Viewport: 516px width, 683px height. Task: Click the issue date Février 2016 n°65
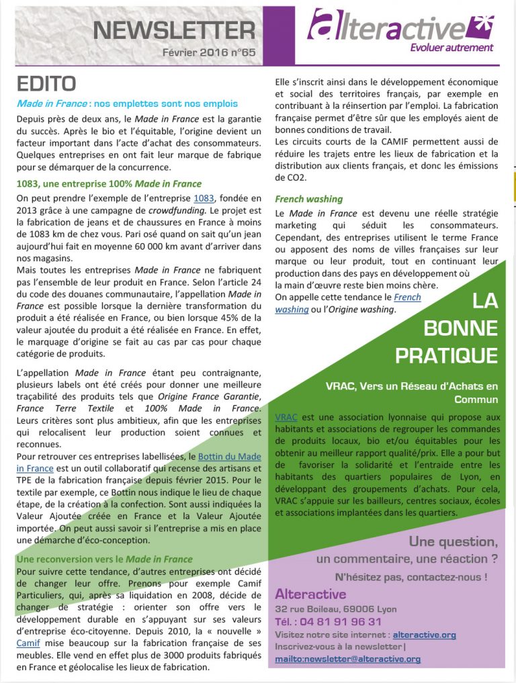point(210,52)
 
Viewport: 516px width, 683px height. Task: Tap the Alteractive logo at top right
point(400,26)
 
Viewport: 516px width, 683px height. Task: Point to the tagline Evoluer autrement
point(451,48)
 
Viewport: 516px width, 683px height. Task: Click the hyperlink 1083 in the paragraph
point(204,198)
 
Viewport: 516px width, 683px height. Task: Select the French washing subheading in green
point(308,199)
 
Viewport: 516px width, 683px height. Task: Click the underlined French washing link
point(406,298)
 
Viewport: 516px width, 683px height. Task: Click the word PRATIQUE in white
point(446,355)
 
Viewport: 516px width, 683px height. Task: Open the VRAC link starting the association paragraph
point(286,417)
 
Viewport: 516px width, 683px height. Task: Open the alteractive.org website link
point(424,634)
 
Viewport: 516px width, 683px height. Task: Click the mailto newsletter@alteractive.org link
point(347,659)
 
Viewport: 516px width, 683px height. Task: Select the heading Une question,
point(454,541)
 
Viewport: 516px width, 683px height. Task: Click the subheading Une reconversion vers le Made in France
point(104,559)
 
